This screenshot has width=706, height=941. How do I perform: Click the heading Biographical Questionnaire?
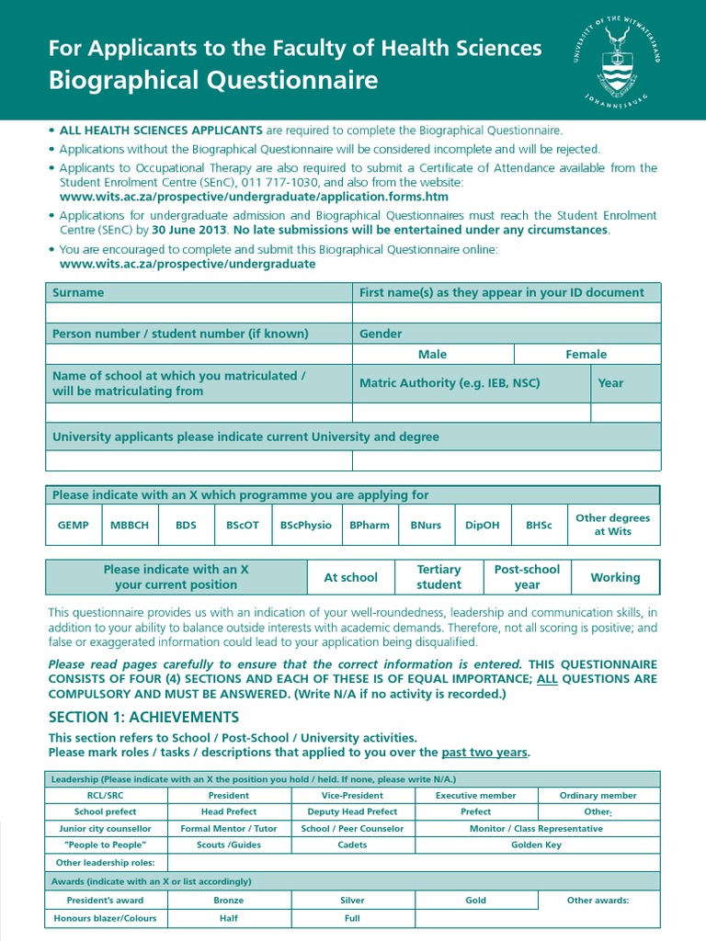click(x=213, y=81)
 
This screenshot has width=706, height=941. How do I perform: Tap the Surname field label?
click(x=78, y=292)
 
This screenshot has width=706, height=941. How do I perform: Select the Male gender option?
click(x=432, y=354)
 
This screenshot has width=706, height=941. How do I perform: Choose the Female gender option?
click(x=586, y=354)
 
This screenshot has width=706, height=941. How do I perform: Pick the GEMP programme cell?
click(x=74, y=525)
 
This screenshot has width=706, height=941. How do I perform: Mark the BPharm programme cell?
click(x=370, y=525)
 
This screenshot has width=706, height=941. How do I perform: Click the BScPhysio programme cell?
click(x=305, y=525)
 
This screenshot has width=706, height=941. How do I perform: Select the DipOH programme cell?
click(x=483, y=525)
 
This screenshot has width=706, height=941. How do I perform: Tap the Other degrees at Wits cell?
click(x=612, y=525)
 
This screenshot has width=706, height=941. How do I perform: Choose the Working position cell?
click(x=615, y=577)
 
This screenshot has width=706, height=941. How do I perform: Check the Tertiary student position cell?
click(x=438, y=577)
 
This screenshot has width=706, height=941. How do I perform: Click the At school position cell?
click(x=350, y=577)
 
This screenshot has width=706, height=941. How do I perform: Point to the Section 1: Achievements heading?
click(x=143, y=717)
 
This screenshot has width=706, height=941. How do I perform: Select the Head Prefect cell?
click(x=229, y=811)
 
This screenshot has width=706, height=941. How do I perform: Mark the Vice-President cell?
click(x=352, y=795)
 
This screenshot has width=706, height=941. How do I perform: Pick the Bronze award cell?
click(x=229, y=901)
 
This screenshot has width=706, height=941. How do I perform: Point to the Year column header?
click(x=610, y=383)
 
